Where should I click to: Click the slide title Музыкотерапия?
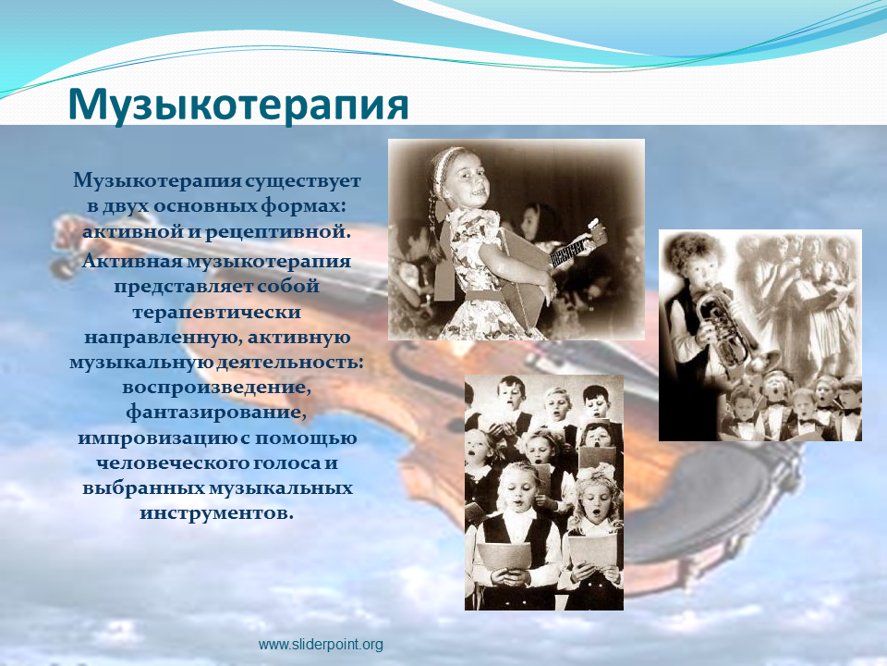[x=238, y=105]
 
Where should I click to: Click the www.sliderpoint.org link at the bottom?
[x=321, y=645]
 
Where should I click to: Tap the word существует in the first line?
[x=303, y=181]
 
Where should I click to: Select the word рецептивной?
[x=278, y=232]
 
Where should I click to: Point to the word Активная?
[x=132, y=261]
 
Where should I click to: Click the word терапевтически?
[x=216, y=313]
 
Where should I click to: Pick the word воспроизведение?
[x=216, y=388]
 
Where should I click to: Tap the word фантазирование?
[x=216, y=413]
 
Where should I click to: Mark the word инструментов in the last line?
[x=216, y=513]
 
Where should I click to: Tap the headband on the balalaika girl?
[x=453, y=154]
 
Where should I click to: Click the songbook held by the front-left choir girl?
[x=504, y=556]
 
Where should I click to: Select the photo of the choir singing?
[x=544, y=491]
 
